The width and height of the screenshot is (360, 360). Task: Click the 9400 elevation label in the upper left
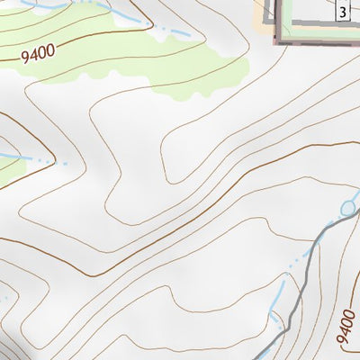[x=37, y=53]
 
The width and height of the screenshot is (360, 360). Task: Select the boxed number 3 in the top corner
[x=343, y=12]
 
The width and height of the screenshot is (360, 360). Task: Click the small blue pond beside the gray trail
[x=348, y=209]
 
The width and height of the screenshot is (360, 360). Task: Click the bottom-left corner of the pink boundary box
[x=277, y=41]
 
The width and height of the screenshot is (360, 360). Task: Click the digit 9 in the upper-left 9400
[x=25, y=56]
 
